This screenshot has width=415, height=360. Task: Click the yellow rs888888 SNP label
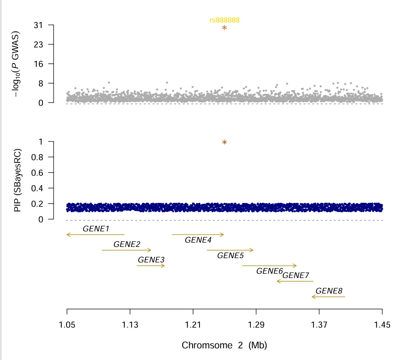224,20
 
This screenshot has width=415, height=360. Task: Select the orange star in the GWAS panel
225,28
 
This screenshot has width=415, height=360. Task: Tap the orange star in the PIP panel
225,142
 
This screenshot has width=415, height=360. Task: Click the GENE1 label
96,228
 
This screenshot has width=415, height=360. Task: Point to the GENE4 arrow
198,234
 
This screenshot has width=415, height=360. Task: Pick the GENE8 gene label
329,291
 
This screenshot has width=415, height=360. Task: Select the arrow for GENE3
151,265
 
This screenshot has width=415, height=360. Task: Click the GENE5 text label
230,256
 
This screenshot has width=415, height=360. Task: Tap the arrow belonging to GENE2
127,250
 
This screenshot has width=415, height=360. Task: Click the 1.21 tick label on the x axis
193,325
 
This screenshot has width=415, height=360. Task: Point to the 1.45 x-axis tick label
382,325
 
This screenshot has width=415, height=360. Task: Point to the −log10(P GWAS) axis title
18,64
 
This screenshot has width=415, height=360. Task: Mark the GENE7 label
295,275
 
